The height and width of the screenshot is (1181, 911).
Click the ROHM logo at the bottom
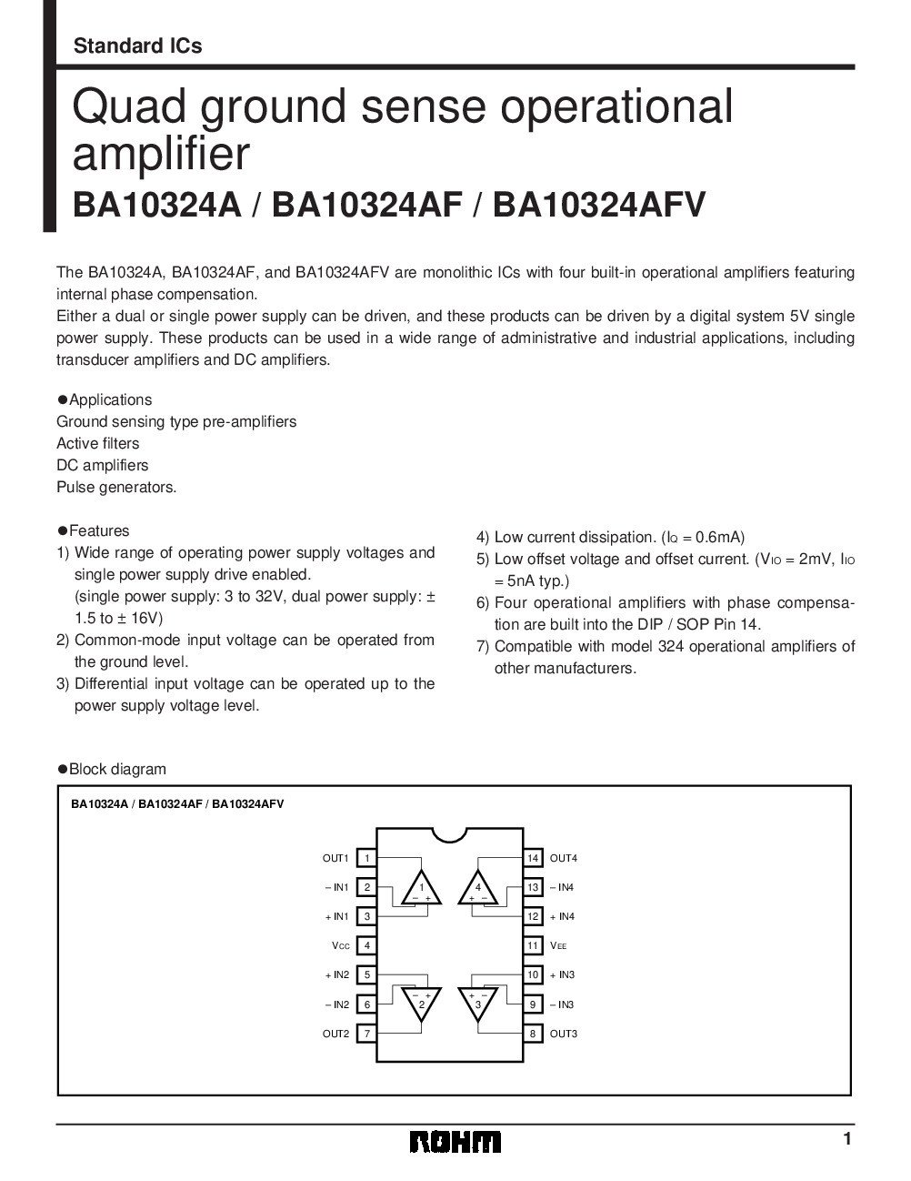[455, 1142]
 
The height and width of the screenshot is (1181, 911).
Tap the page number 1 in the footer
[846, 1139]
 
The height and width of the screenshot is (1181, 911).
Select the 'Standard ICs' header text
[137, 45]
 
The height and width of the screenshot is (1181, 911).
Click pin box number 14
[534, 858]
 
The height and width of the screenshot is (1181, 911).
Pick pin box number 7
[366, 1034]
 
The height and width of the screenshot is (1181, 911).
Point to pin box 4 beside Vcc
[366, 945]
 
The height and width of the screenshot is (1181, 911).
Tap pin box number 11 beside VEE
[534, 945]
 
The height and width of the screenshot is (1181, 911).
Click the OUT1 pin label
[335, 858]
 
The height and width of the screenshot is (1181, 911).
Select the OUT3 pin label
[564, 1034]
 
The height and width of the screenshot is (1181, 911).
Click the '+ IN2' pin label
[336, 974]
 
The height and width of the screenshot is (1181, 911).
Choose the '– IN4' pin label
[562, 887]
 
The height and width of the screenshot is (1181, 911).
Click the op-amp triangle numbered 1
[421, 890]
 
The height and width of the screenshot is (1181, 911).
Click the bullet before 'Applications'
[63, 399]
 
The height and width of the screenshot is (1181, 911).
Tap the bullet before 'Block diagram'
[63, 769]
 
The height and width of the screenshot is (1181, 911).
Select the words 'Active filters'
[98, 443]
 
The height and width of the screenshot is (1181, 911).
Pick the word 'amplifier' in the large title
[160, 154]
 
